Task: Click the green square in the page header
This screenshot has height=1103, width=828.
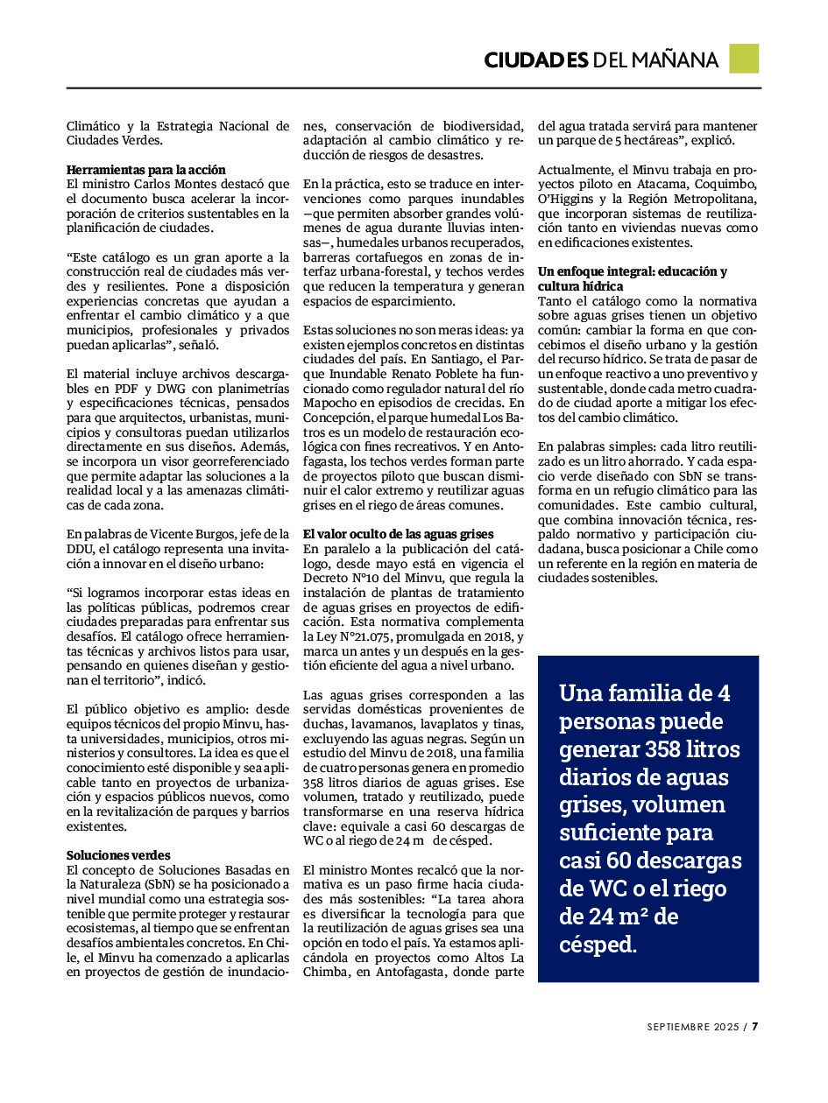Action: coord(744,59)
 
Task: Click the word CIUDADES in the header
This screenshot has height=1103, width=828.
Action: coord(535,60)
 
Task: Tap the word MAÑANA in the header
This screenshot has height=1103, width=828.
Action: coord(674,60)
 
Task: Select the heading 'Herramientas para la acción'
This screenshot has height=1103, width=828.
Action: coord(146,170)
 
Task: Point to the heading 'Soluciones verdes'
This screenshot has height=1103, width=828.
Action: coord(118,855)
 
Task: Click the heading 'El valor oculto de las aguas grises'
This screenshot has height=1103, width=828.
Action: coord(399,534)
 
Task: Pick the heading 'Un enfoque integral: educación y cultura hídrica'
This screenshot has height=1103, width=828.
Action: coord(633,279)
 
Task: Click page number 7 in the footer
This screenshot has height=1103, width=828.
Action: coord(754,1027)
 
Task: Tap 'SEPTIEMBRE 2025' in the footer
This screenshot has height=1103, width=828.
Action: coord(693,1027)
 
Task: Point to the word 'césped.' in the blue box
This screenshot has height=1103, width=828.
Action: coord(598,945)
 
